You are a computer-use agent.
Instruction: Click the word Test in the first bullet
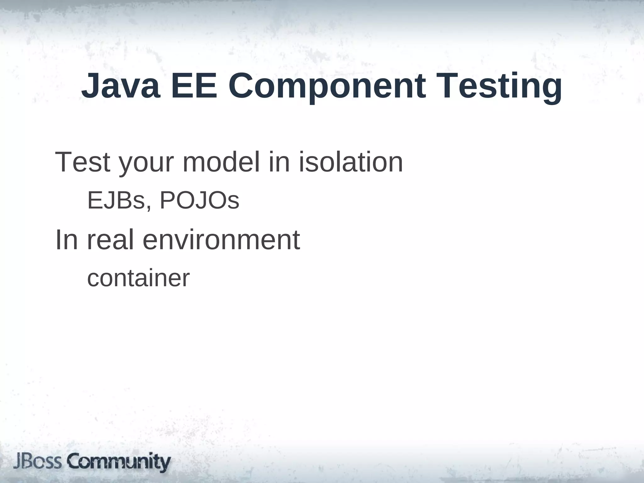[83, 162]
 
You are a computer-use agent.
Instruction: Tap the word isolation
[350, 162]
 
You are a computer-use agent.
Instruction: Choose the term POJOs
[200, 200]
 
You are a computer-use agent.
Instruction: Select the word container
[138, 278]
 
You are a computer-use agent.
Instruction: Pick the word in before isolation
[279, 162]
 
